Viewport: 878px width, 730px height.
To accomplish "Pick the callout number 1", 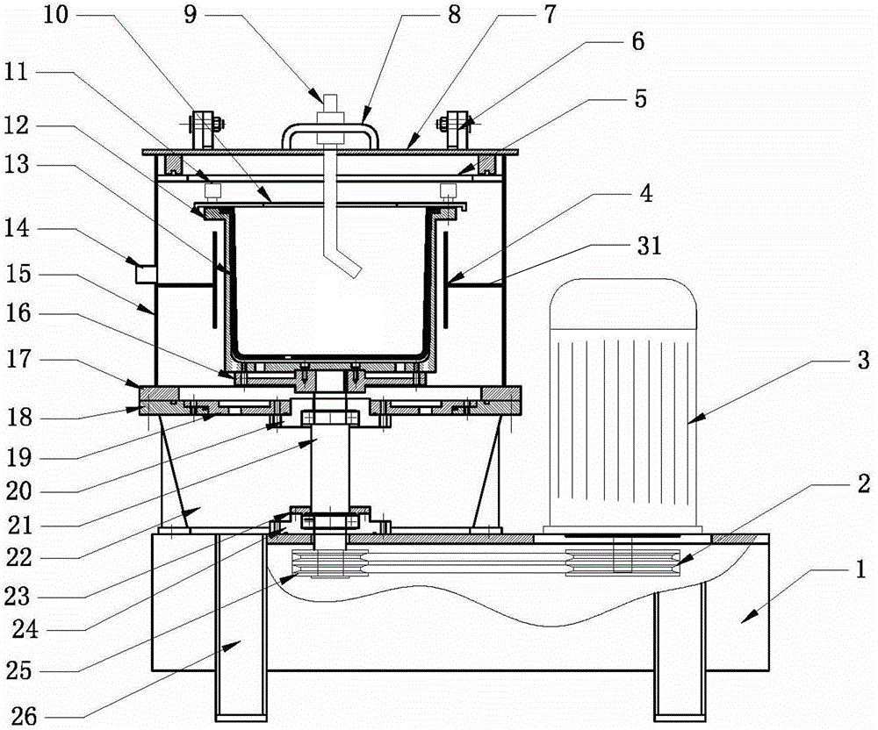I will click(860, 570).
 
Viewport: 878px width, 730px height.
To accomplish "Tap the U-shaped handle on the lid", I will click(330, 136).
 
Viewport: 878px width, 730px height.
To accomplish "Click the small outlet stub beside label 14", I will click(146, 275).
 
